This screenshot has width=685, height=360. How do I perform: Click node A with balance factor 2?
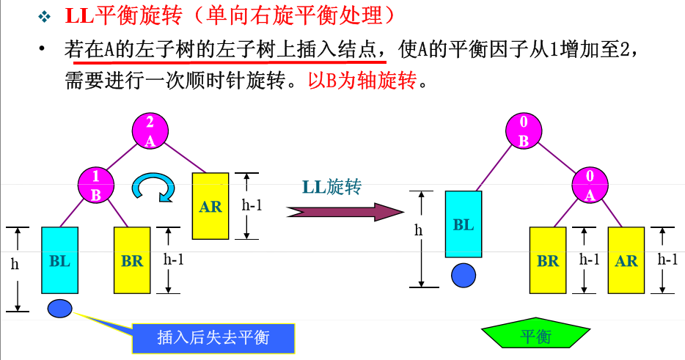(150, 133)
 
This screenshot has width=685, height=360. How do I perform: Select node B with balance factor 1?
(98, 185)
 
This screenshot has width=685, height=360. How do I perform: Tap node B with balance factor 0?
(524, 133)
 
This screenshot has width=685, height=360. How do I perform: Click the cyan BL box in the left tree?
(59, 260)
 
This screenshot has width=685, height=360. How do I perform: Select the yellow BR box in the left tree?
(132, 260)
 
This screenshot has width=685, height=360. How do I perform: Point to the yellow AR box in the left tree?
(210, 206)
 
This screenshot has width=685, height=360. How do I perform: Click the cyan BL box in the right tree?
(464, 224)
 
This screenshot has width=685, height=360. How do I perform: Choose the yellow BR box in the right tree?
(548, 260)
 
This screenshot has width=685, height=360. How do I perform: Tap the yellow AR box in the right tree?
(626, 260)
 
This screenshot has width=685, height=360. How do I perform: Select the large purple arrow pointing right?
(345, 212)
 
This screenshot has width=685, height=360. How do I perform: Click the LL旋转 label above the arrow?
(331, 187)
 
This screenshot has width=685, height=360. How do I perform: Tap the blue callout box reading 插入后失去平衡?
(213, 337)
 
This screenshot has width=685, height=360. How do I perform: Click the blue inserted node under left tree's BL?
(59, 309)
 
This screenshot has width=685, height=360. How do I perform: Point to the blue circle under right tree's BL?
(463, 276)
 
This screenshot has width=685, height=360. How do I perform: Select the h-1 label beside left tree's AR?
(252, 206)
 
